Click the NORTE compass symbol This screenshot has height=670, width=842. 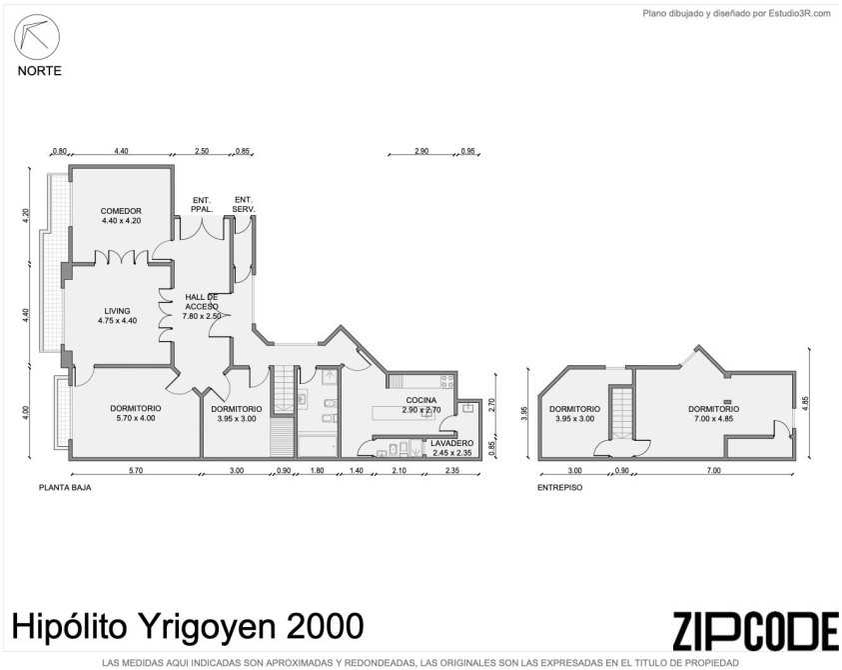(x=37, y=37)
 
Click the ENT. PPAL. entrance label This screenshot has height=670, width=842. (x=202, y=204)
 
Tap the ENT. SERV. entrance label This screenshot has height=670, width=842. (x=244, y=204)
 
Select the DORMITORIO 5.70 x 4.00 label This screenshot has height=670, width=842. (x=135, y=413)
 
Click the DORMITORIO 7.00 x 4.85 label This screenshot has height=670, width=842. (x=714, y=414)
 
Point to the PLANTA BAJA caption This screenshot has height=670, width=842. (x=65, y=488)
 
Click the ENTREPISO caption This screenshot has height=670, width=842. (x=560, y=488)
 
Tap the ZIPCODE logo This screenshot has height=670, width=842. (x=755, y=631)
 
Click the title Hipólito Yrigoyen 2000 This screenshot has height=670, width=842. (x=188, y=626)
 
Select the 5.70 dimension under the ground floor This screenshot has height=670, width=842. (x=136, y=471)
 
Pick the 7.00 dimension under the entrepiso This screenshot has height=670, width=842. (x=714, y=471)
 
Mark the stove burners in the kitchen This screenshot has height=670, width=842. (x=447, y=382)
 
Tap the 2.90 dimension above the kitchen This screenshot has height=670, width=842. (x=421, y=151)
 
